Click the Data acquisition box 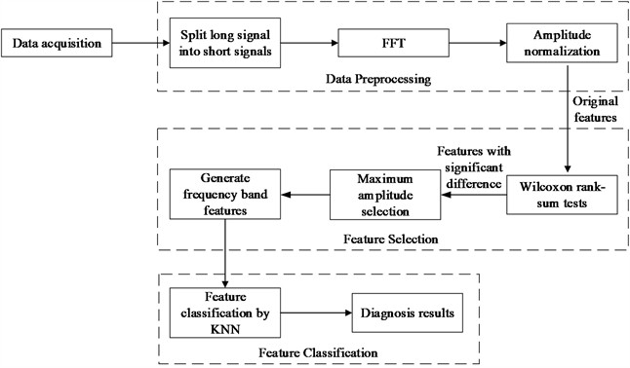point(55,44)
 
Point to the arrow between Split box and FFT point(311,44)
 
